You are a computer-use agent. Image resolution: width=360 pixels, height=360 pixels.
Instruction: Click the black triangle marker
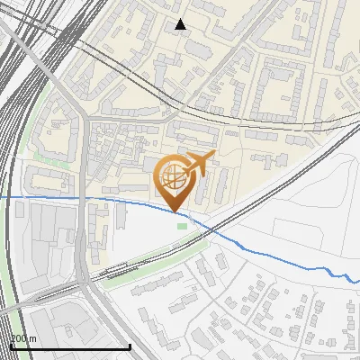[181, 24]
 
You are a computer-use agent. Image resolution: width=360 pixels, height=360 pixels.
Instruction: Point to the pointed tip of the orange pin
[174, 211]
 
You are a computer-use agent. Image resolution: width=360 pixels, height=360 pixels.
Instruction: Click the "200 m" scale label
[24, 339]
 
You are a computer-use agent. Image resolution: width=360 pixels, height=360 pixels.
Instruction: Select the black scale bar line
[70, 346]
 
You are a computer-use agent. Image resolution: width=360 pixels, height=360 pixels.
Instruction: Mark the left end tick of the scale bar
[11, 345]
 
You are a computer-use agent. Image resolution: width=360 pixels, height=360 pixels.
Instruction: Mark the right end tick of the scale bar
[130, 345]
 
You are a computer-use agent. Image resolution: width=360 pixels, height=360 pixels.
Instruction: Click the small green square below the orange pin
[183, 226]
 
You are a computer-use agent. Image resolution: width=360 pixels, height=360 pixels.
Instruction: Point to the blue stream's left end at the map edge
[2, 196]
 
